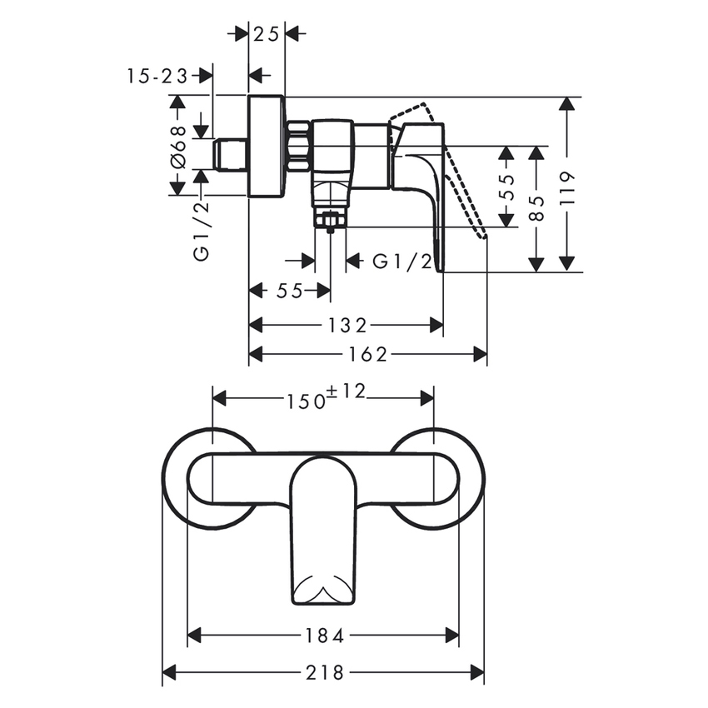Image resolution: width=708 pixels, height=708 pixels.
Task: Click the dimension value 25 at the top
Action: (267, 33)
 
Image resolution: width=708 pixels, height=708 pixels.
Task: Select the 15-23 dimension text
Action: (158, 76)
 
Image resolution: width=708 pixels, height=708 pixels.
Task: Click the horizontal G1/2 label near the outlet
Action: (401, 262)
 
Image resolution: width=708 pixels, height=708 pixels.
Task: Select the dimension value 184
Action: (325, 636)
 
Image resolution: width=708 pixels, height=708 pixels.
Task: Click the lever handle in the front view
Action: (323, 525)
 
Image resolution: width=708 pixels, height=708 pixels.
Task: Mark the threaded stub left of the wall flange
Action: (230, 156)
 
